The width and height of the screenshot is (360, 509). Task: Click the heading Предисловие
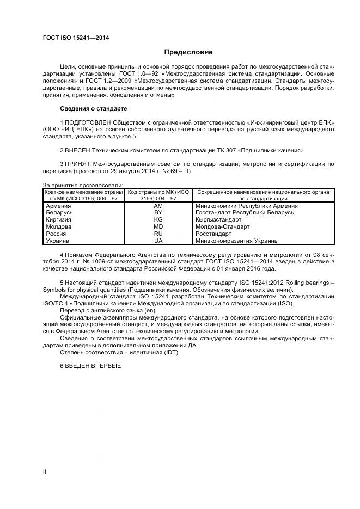[x=188, y=52]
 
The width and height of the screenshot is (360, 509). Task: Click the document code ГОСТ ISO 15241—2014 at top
[x=76, y=37]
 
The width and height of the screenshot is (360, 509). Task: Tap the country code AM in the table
[x=158, y=206]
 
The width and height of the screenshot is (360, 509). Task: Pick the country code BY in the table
[x=158, y=213]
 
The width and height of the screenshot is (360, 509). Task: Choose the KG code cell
[x=158, y=220]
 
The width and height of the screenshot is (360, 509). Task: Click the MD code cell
[x=158, y=226]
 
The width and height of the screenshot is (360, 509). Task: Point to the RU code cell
[x=158, y=234]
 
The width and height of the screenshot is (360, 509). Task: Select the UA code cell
[x=158, y=241]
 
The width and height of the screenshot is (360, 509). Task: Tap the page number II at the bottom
[x=45, y=471]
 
